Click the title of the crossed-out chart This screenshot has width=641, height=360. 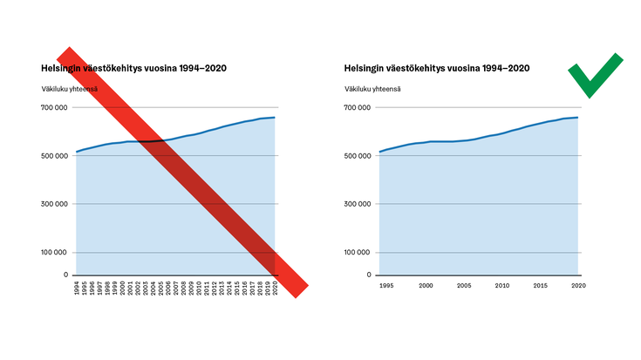[x=133, y=67]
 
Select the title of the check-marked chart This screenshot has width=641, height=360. [x=436, y=67]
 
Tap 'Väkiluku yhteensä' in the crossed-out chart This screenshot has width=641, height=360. [x=68, y=88]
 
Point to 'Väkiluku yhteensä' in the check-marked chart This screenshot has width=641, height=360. [x=372, y=88]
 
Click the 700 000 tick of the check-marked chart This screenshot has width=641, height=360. [x=358, y=108]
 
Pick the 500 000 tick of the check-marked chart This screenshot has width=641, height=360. [x=358, y=156]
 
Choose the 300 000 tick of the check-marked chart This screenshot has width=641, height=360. [x=358, y=204]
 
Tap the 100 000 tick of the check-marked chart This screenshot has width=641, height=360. [x=358, y=252]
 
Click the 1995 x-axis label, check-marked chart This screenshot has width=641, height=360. [x=386, y=285]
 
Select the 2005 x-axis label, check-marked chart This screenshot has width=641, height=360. [x=465, y=285]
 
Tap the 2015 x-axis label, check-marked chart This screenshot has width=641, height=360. [x=541, y=285]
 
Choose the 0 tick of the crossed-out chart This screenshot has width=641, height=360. [x=65, y=275]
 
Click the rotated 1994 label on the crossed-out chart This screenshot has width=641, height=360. [x=78, y=289]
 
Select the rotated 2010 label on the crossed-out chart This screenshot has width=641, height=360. [x=199, y=289]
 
